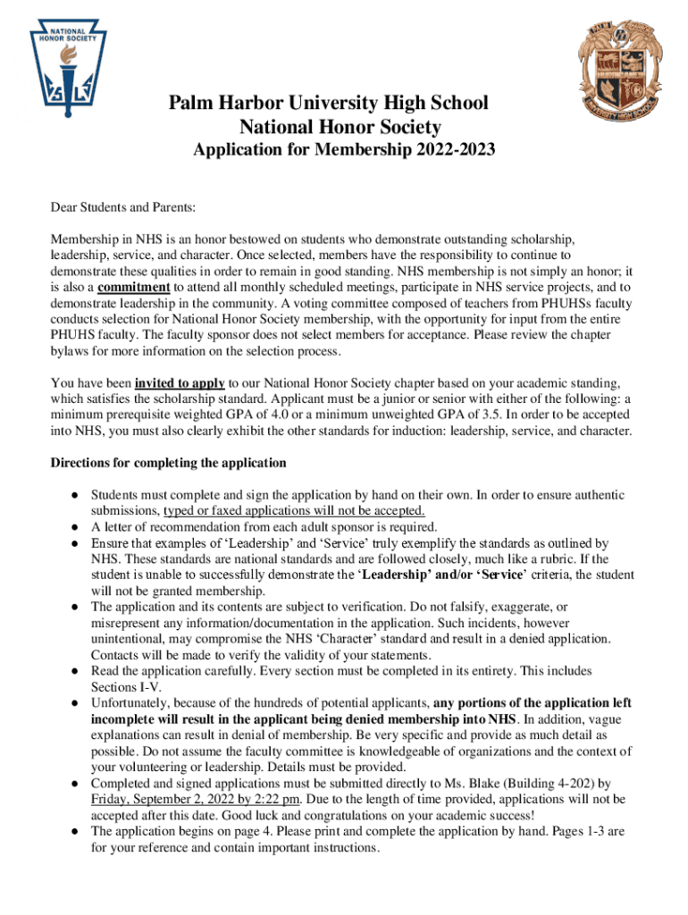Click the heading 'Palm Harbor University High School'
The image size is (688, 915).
pyautogui.click(x=329, y=103)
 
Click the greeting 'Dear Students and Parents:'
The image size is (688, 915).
pyautogui.click(x=123, y=208)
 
